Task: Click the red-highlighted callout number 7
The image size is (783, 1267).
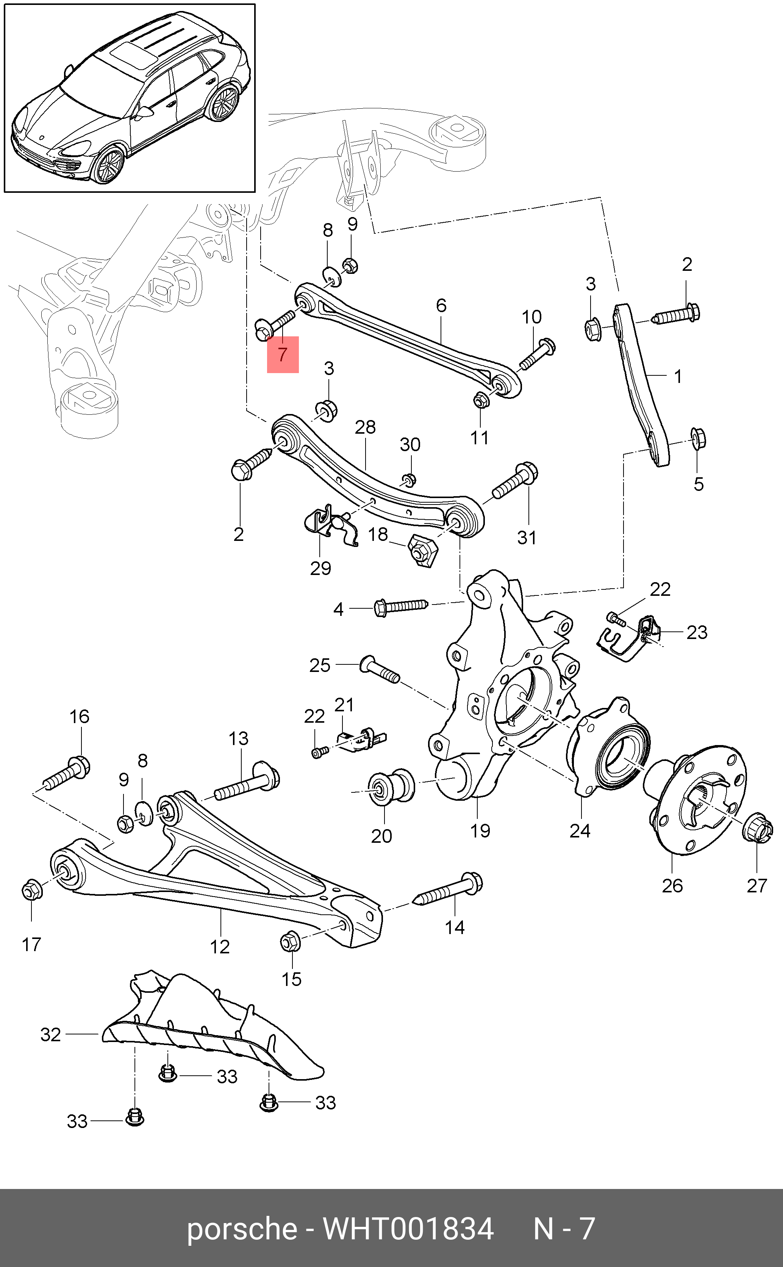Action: pyautogui.click(x=282, y=355)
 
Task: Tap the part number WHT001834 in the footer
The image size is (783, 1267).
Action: pyautogui.click(x=409, y=1229)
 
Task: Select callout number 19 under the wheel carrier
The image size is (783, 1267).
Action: pyautogui.click(x=480, y=831)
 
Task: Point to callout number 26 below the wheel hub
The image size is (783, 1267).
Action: pyautogui.click(x=672, y=886)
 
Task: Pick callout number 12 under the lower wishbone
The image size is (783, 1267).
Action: pyautogui.click(x=220, y=947)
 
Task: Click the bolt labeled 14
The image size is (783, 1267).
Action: pyautogui.click(x=449, y=888)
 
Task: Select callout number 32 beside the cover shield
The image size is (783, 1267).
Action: pyautogui.click(x=51, y=1034)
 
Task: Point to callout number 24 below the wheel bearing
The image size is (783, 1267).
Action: pyautogui.click(x=580, y=831)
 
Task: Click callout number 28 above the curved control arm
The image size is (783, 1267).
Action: pyautogui.click(x=365, y=427)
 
